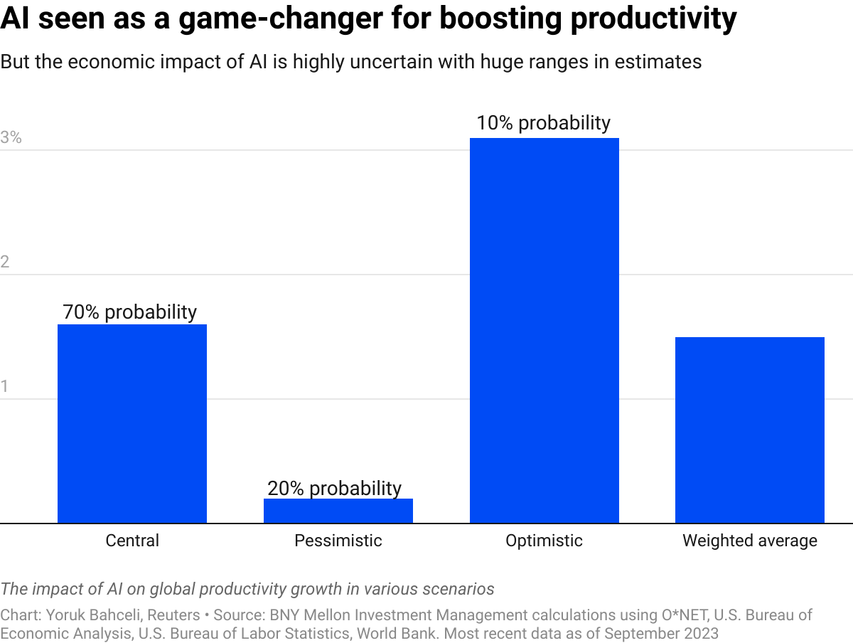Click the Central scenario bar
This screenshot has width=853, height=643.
(132, 424)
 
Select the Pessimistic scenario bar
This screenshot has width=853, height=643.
(338, 511)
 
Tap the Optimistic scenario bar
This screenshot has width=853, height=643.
(544, 331)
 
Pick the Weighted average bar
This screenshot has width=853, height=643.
(750, 430)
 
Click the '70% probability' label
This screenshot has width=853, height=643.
(130, 312)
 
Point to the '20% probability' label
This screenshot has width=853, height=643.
(335, 489)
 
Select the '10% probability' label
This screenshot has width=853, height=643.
(544, 123)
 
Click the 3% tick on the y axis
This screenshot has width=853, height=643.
(11, 138)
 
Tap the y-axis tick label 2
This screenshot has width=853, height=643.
(6, 262)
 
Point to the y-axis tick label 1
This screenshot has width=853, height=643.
(5, 387)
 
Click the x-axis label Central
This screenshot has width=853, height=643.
(132, 541)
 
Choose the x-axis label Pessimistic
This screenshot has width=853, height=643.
(338, 541)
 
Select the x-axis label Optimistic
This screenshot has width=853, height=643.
(544, 541)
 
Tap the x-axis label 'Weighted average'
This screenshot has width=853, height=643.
(750, 541)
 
